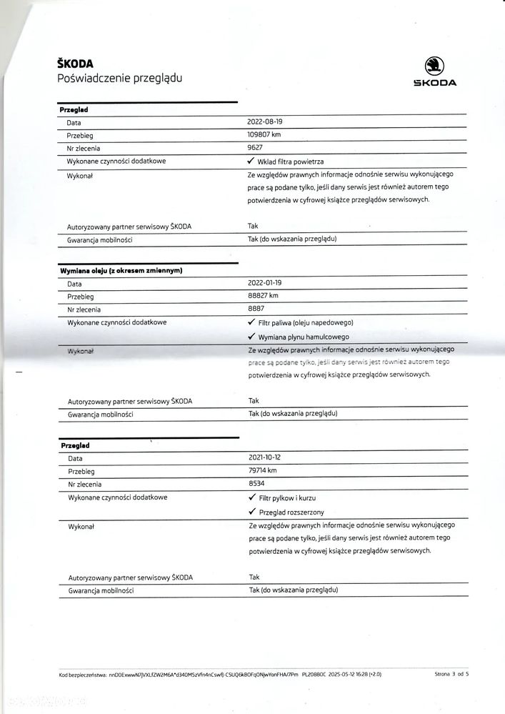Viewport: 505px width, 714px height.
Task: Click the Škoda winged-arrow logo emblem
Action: pos(434,66)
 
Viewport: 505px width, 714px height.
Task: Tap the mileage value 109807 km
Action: pos(264,135)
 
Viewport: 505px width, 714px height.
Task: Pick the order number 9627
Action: pos(256,148)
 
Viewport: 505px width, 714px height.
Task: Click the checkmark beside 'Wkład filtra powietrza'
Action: pos(251,162)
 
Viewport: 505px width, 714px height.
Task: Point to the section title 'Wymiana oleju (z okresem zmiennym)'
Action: pos(121,271)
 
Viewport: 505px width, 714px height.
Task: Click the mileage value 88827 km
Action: pos(263,297)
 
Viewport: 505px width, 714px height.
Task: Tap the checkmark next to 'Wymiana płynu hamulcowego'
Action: pos(251,336)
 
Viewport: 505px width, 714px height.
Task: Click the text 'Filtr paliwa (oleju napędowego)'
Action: pos(306,323)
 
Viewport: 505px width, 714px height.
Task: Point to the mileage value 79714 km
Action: pos(262,470)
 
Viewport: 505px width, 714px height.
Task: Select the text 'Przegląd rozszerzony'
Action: pos(291,512)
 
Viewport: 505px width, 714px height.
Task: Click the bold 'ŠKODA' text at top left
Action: pos(75,64)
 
